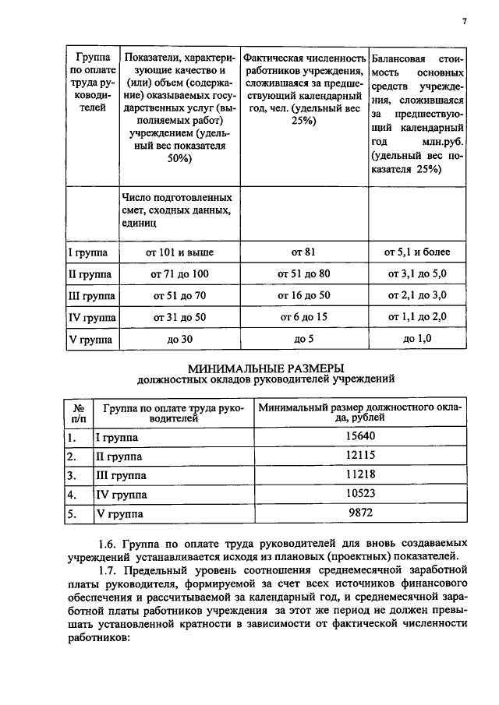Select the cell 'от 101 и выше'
180,252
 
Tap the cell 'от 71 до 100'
179,274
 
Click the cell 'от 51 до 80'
304,274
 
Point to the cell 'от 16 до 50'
304,296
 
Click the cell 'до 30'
180,340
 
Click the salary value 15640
360,438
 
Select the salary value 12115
360,456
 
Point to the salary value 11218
360,475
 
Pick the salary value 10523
360,495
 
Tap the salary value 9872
360,513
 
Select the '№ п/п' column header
78,413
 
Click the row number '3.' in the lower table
71,475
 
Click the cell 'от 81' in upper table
304,252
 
